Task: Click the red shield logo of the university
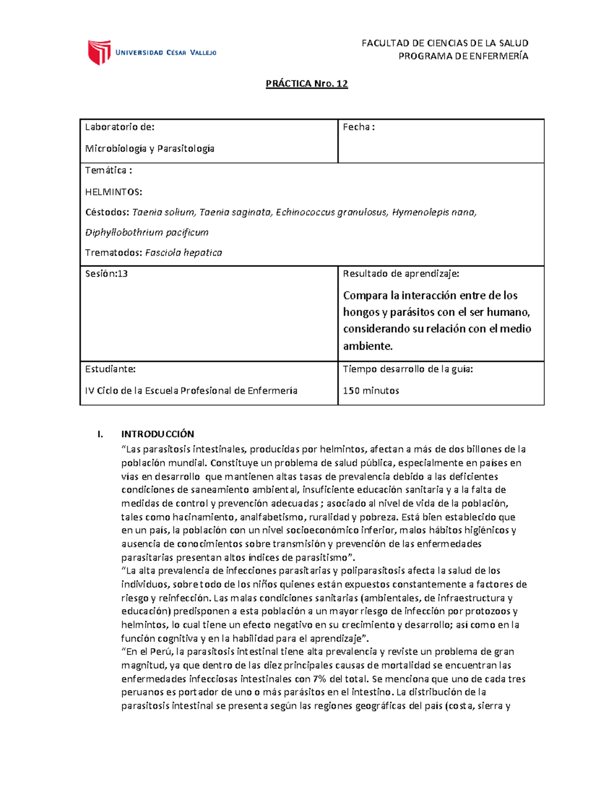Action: pos(99,52)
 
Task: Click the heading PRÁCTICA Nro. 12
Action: pos(306,83)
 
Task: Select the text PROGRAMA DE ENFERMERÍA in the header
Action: pos(463,56)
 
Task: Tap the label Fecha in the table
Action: pos(358,127)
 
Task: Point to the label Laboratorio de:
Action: pos(120,127)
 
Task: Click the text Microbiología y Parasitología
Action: pos(149,148)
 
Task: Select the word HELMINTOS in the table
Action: pos(113,192)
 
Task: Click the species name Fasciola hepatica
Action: pos(184,252)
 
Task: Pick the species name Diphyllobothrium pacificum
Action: pos(147,232)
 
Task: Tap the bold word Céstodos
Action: pos(107,212)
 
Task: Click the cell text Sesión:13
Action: pos(106,273)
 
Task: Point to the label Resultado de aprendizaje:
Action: pos(401,273)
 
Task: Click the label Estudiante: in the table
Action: pos(110,369)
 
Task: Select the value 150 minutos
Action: pos(371,391)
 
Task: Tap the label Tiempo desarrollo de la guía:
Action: pos(408,369)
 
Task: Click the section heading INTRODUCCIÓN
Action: pos(158,434)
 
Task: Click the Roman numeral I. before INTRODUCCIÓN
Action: pos(100,434)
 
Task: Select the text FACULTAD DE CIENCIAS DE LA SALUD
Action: pos(445,43)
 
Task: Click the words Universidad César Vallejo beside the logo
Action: pos(166,52)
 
